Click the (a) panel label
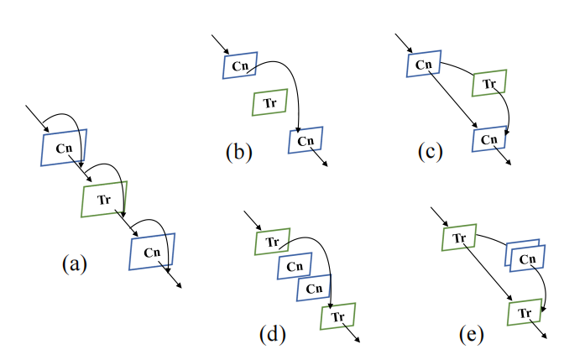click(x=74, y=264)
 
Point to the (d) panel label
click(x=274, y=333)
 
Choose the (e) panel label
click(x=472, y=333)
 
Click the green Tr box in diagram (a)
click(x=104, y=200)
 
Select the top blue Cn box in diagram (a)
click(x=64, y=148)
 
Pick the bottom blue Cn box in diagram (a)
click(x=152, y=252)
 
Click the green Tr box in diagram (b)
click(x=269, y=103)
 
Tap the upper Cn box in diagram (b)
click(x=240, y=65)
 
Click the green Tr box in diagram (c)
click(x=489, y=84)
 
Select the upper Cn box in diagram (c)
click(x=425, y=65)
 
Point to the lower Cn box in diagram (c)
click(x=489, y=138)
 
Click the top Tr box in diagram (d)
click(x=272, y=241)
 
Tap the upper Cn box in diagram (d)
click(x=295, y=265)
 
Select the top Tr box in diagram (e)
click(x=459, y=238)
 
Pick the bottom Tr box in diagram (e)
click(x=524, y=313)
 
